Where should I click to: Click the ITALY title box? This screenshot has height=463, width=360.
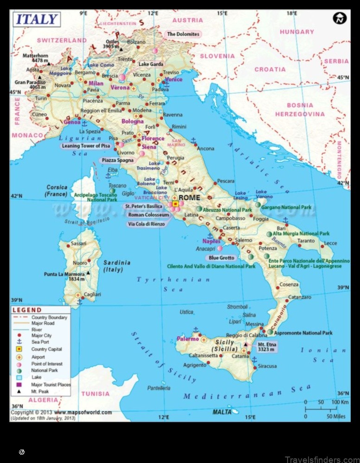tap(37, 20)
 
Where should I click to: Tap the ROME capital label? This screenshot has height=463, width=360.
tap(190, 197)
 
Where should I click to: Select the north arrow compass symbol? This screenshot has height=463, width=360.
tap(340, 19)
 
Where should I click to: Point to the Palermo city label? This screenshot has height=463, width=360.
tap(187, 339)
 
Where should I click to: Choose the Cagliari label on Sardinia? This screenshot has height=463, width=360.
tap(92, 294)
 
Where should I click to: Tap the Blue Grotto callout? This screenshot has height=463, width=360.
tap(222, 258)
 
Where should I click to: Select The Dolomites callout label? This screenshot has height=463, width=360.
tap(183, 34)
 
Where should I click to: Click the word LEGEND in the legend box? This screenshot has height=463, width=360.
tap(27, 310)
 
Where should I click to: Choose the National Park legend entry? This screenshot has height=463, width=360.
tap(45, 371)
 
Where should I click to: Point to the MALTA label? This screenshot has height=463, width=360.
tap(222, 412)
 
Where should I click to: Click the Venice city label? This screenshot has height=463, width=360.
tap(174, 79)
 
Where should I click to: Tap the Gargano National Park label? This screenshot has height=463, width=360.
tap(286, 207)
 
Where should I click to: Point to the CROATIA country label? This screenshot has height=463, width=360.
tap(270, 69)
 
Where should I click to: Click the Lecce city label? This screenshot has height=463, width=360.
tap(330, 243)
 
